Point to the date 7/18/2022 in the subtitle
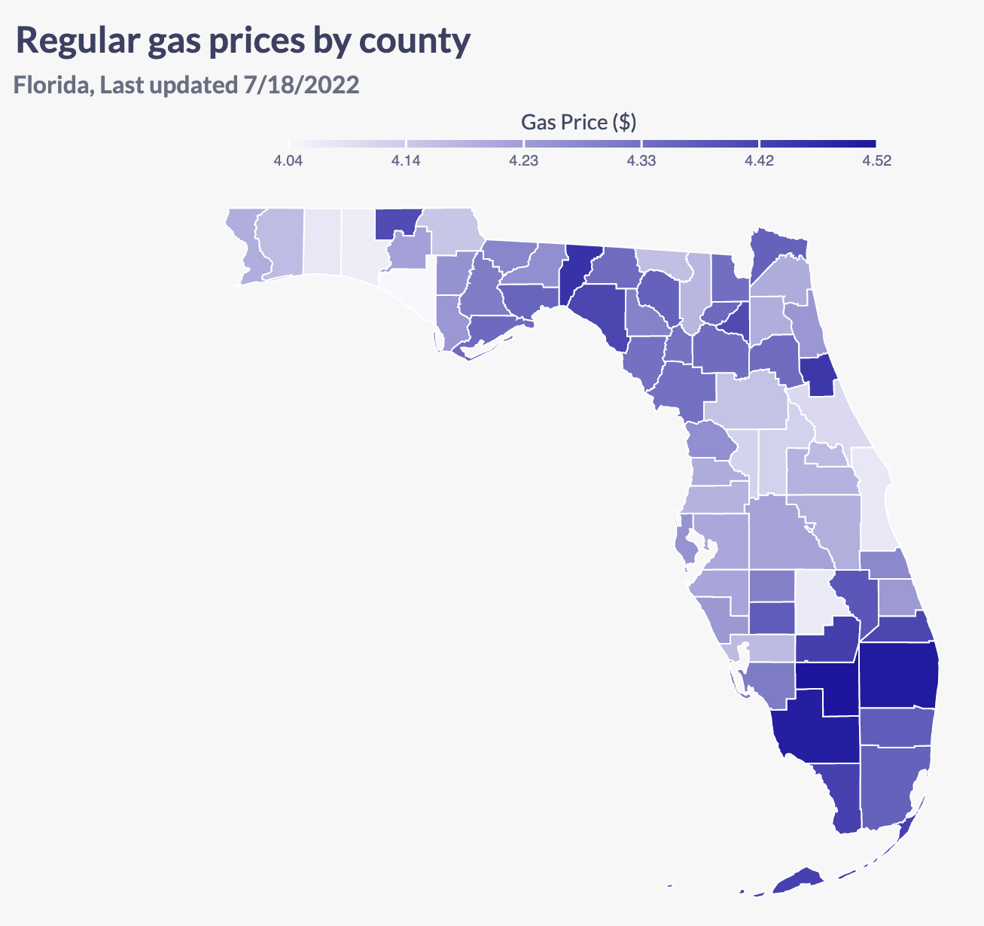(x=301, y=84)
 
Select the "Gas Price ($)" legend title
(x=579, y=121)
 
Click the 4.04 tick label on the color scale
(x=288, y=161)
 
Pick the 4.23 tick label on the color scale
(x=524, y=161)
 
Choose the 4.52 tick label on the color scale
(x=876, y=161)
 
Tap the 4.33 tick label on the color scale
(x=641, y=161)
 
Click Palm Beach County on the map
(x=897, y=674)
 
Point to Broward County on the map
(x=896, y=726)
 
